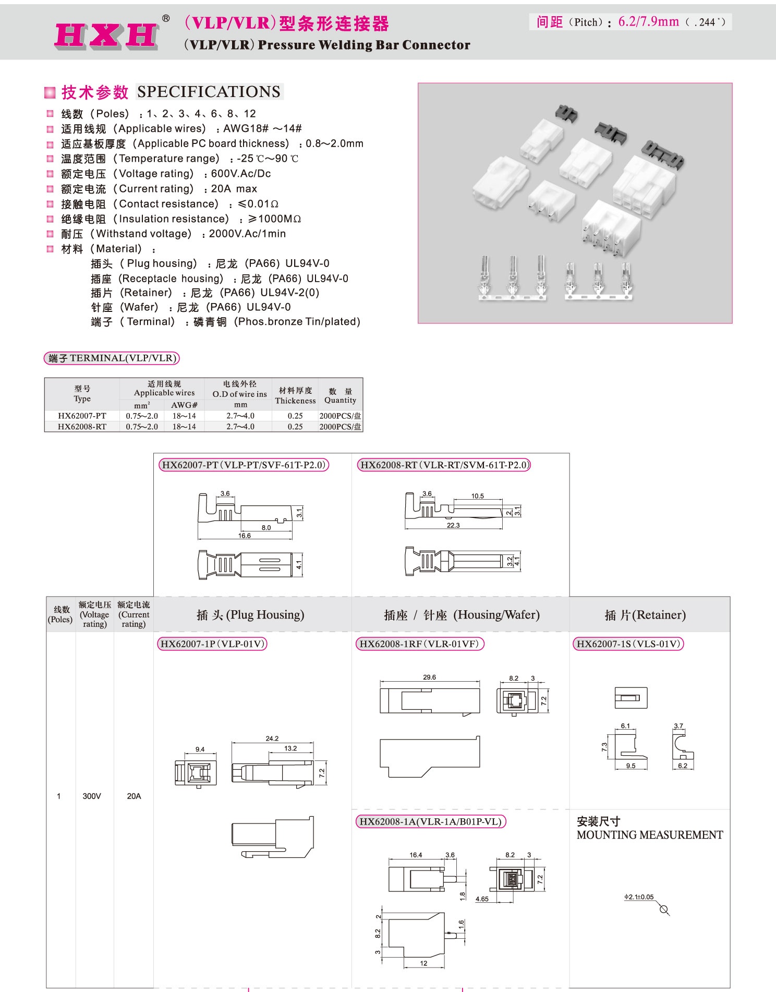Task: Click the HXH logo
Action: click(106, 36)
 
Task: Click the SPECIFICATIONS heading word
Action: click(209, 92)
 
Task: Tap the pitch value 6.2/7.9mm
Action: click(648, 22)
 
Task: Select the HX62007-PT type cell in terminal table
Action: click(82, 416)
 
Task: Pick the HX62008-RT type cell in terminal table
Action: click(82, 427)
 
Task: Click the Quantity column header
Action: click(340, 396)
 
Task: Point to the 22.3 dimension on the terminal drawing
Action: click(453, 525)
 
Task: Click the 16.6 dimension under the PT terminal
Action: click(244, 536)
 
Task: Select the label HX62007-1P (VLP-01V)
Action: click(212, 644)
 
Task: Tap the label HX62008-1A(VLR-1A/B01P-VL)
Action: click(430, 821)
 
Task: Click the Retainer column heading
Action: click(645, 615)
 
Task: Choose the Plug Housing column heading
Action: click(250, 615)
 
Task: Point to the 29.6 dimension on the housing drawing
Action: click(429, 677)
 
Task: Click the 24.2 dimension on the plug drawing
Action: click(272, 738)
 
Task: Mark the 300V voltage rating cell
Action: click(92, 796)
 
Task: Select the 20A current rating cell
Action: click(134, 796)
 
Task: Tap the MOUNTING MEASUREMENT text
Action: click(649, 835)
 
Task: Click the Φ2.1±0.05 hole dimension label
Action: click(639, 897)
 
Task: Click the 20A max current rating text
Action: click(234, 189)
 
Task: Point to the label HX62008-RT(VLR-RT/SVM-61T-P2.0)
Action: click(443, 465)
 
